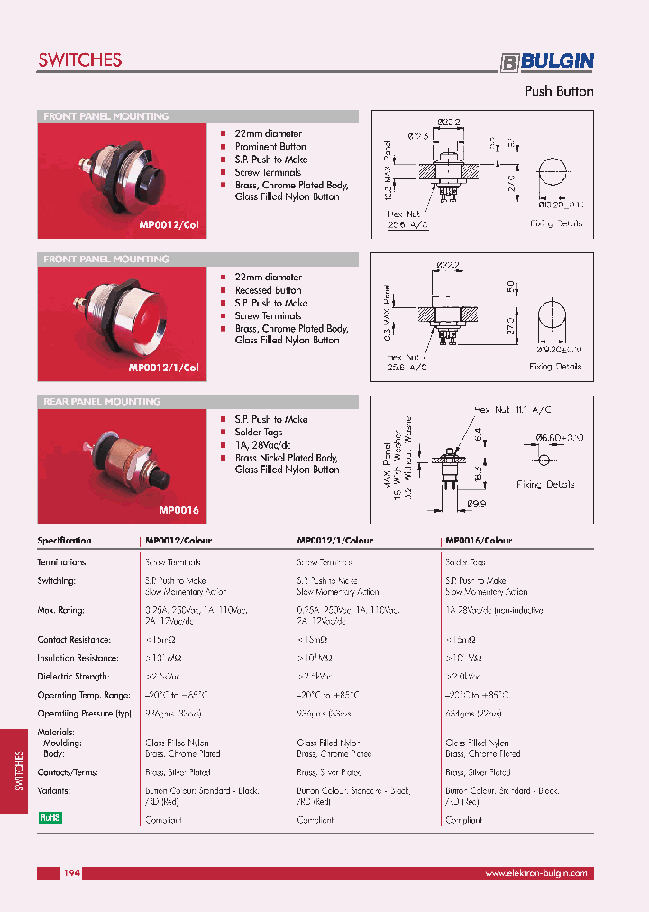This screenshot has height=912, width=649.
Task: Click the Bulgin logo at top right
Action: tap(547, 61)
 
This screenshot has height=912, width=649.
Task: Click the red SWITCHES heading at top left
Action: tap(79, 60)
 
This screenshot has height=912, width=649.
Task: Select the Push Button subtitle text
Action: tap(559, 91)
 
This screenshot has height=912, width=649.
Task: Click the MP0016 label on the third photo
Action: tap(178, 510)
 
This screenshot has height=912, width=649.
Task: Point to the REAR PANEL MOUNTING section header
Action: tap(100, 402)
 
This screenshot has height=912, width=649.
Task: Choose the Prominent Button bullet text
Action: tap(270, 147)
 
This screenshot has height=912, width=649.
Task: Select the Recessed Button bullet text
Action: tap(268, 290)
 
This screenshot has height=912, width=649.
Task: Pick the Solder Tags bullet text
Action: tap(259, 433)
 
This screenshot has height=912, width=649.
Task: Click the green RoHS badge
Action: tap(50, 817)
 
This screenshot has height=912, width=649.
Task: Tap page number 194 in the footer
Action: tap(72, 873)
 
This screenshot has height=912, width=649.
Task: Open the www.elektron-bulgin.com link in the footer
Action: tap(535, 873)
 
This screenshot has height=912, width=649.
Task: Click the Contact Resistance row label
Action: tap(74, 640)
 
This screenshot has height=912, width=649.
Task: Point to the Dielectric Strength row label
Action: tap(73, 677)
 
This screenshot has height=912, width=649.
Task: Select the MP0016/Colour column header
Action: tap(479, 541)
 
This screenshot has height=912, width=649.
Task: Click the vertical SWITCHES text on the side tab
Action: tap(19, 771)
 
